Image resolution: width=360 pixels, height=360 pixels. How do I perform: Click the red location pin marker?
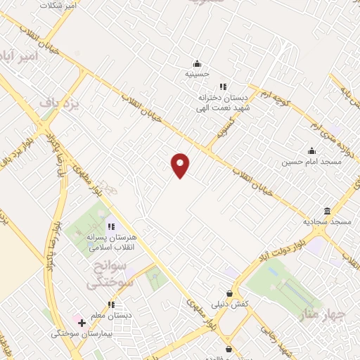click(181, 165)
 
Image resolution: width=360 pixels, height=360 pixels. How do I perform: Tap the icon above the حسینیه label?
click(197, 62)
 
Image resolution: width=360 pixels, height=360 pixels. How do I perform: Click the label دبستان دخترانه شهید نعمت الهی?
click(223, 102)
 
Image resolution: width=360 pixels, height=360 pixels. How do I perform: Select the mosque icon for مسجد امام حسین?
click(311, 150)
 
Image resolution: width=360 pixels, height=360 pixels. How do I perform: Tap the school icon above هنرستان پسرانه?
click(110, 226)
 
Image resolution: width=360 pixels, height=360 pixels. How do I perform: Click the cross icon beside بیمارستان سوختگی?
click(82, 323)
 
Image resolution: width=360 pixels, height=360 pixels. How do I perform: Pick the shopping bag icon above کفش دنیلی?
click(229, 293)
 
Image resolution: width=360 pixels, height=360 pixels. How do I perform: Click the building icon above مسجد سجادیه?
click(327, 211)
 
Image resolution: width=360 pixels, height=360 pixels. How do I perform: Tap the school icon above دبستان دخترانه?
click(223, 86)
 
